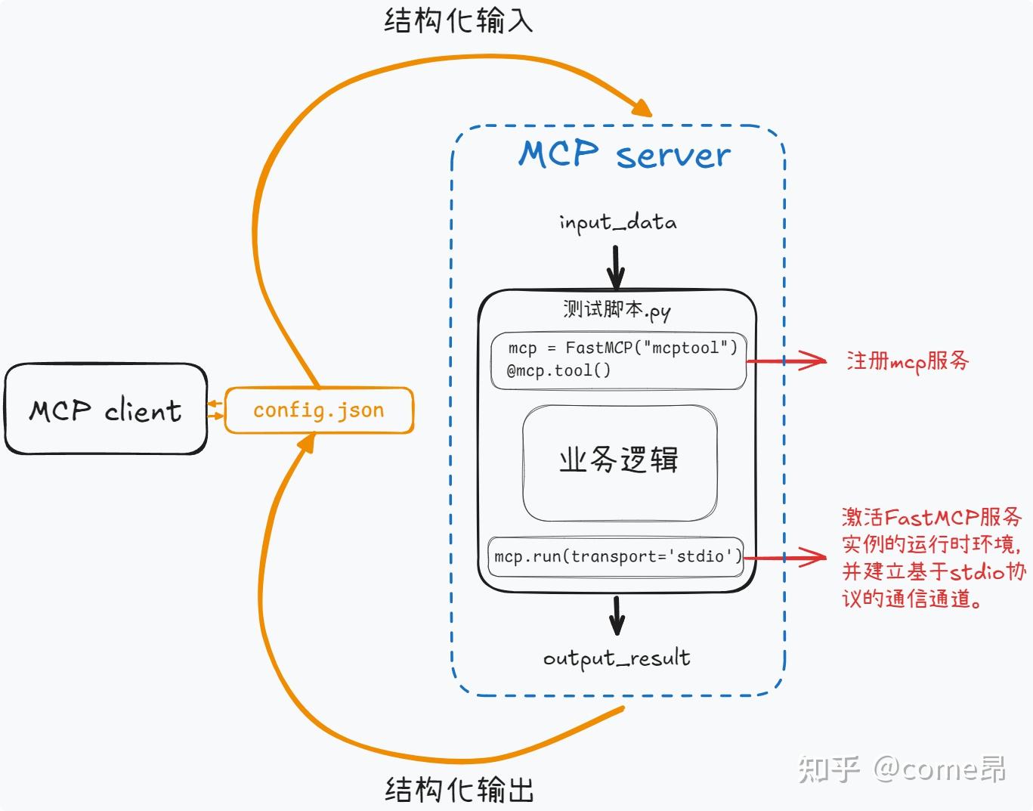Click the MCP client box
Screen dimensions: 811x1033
coord(106,410)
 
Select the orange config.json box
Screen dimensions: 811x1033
coord(319,410)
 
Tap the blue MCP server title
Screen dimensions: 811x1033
coord(624,154)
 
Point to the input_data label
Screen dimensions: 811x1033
coord(617,222)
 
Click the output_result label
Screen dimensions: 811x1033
coord(617,658)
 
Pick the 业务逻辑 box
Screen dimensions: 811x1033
coord(619,463)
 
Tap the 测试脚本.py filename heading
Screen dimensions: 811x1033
coord(617,310)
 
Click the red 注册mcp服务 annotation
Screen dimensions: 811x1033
coord(908,361)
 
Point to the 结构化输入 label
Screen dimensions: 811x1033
coord(459,20)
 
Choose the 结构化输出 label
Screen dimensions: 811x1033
coord(459,790)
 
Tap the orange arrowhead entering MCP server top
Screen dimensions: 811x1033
coord(641,107)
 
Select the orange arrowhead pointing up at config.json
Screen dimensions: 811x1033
coord(306,444)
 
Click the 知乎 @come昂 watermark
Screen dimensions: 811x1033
coord(902,769)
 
